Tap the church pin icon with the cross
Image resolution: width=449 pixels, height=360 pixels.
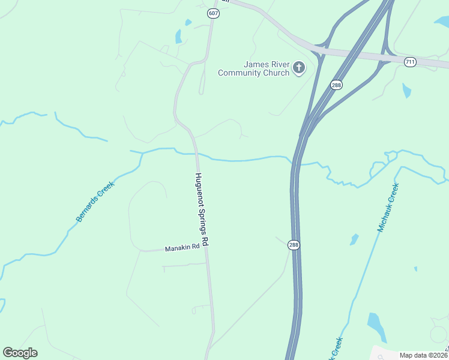pos(299,68)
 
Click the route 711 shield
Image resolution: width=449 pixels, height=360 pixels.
pos(410,62)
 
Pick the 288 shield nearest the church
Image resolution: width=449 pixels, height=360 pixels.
pos(336,85)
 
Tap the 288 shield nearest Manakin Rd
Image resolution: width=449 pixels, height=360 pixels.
pos(294,245)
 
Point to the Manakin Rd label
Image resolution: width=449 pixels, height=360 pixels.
pos(182,248)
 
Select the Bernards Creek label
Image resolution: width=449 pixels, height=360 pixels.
pos(95,202)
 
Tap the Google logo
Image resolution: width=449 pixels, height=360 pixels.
pos(20,353)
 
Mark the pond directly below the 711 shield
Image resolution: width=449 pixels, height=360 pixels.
pos(407,91)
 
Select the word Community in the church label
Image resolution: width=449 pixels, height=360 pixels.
pos(244,73)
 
